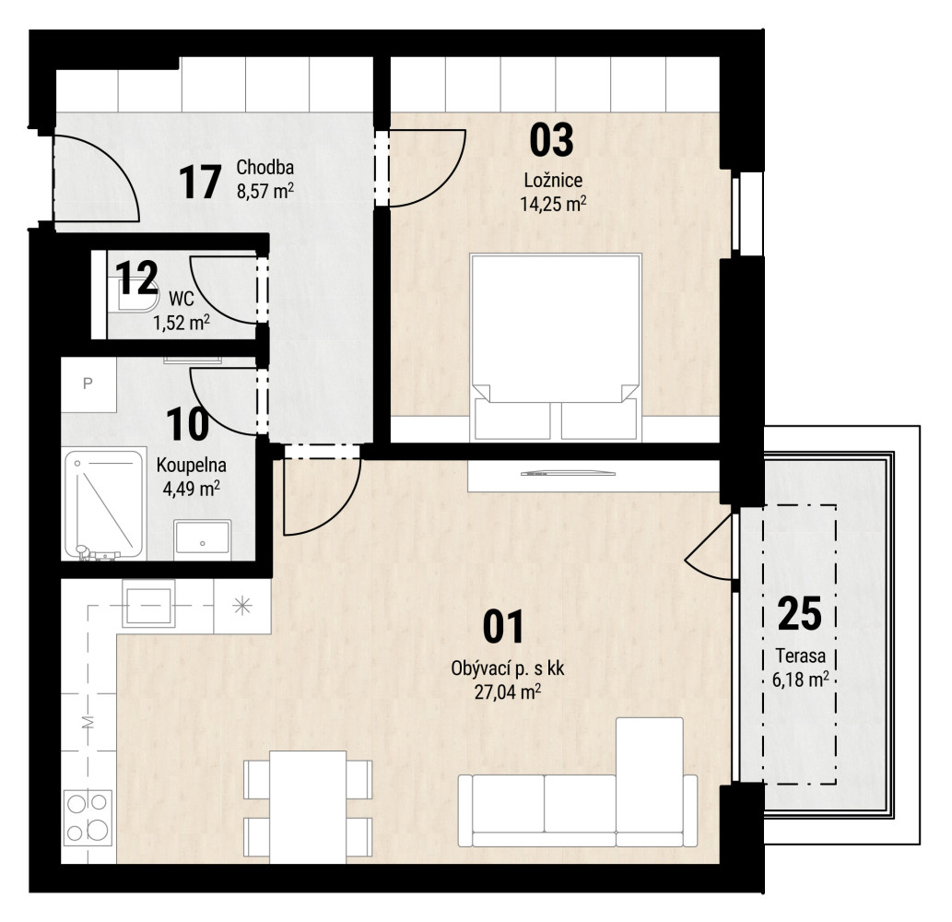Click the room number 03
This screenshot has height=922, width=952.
(551, 140)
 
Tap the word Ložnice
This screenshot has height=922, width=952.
(553, 180)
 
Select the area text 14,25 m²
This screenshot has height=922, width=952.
(553, 203)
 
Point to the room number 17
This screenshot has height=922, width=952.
(200, 183)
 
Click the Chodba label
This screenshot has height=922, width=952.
(265, 167)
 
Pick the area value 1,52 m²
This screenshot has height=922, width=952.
(182, 322)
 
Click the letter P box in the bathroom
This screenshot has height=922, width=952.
(88, 384)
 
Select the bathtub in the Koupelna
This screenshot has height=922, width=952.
(104, 504)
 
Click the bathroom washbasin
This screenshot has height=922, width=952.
(202, 538)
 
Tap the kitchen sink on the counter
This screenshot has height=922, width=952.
(148, 603)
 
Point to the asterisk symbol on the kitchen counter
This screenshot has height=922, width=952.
(242, 606)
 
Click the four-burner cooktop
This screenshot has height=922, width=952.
(88, 817)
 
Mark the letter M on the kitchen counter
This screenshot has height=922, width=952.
(88, 723)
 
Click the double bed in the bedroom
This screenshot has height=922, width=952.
(556, 346)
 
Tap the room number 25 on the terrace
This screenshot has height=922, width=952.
(800, 613)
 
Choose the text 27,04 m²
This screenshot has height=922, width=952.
(508, 691)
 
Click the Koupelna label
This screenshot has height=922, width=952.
(192, 466)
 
